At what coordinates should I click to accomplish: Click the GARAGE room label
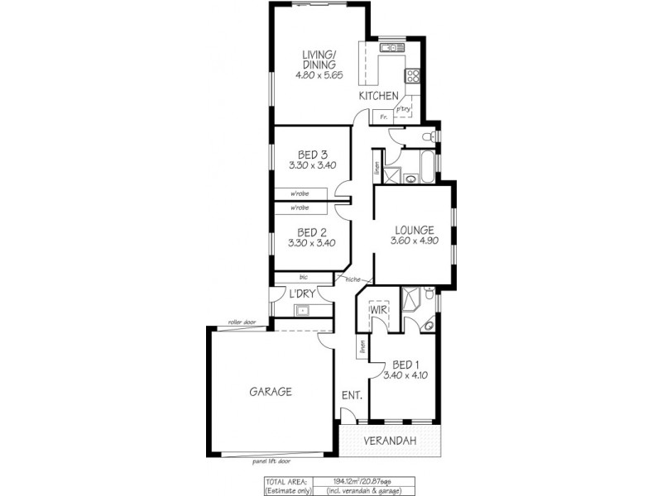271,392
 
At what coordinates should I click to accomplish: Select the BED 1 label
405,364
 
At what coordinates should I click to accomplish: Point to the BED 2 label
310,231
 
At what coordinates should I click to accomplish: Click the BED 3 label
310,154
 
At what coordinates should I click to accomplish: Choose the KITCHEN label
378,97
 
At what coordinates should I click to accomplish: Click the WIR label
380,310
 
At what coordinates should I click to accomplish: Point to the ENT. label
352,396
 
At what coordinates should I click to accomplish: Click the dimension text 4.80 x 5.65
318,74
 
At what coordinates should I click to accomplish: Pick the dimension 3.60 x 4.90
414,241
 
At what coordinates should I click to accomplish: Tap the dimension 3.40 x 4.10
405,375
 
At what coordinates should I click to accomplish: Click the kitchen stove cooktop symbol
411,75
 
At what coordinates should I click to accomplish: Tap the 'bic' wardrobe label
291,277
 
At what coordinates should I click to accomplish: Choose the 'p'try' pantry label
403,109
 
